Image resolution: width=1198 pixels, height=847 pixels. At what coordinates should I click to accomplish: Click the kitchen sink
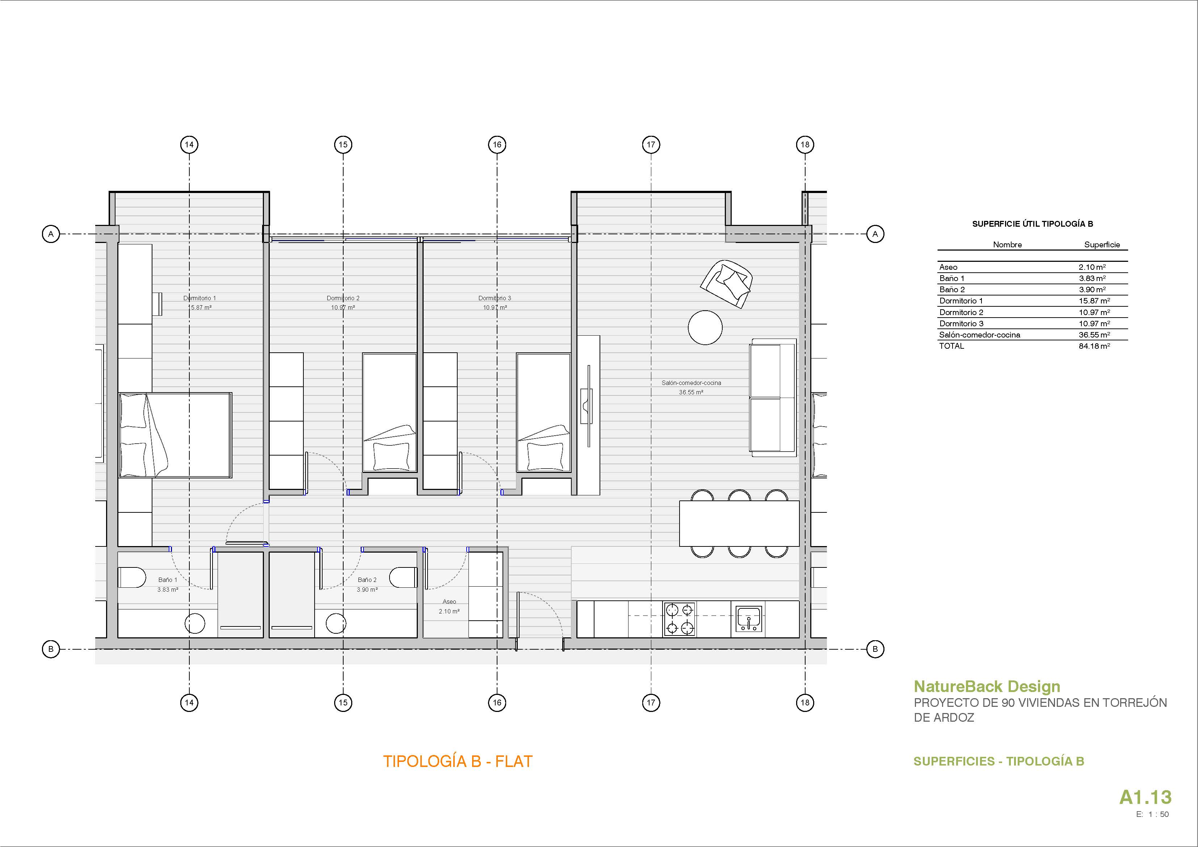749,619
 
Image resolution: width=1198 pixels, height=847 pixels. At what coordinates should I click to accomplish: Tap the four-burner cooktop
679,619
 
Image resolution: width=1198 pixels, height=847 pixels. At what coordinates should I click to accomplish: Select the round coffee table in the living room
705,328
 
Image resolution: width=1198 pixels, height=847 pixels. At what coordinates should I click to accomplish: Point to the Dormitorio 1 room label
199,298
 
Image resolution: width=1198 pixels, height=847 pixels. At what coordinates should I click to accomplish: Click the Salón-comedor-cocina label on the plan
692,382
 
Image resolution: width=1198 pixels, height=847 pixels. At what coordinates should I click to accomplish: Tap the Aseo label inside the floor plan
449,602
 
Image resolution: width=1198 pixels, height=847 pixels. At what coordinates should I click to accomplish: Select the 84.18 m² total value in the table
1094,346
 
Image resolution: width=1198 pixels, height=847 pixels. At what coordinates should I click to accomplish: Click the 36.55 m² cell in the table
1094,335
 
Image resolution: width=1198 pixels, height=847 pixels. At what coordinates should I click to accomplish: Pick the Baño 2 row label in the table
952,290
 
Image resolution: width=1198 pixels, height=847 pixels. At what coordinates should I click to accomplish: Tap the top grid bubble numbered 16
497,144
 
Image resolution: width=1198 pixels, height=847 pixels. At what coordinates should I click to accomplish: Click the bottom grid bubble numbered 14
189,703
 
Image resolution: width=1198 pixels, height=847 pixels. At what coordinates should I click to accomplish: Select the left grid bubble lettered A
51,234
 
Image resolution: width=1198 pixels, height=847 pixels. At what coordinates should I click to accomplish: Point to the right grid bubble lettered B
875,649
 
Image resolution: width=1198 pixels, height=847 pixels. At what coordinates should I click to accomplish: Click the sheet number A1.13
1145,797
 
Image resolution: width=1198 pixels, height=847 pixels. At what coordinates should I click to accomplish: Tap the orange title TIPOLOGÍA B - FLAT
458,762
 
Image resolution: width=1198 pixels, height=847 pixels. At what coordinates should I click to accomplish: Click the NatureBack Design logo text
987,686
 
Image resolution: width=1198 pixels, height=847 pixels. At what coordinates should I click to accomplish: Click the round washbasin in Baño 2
336,623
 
